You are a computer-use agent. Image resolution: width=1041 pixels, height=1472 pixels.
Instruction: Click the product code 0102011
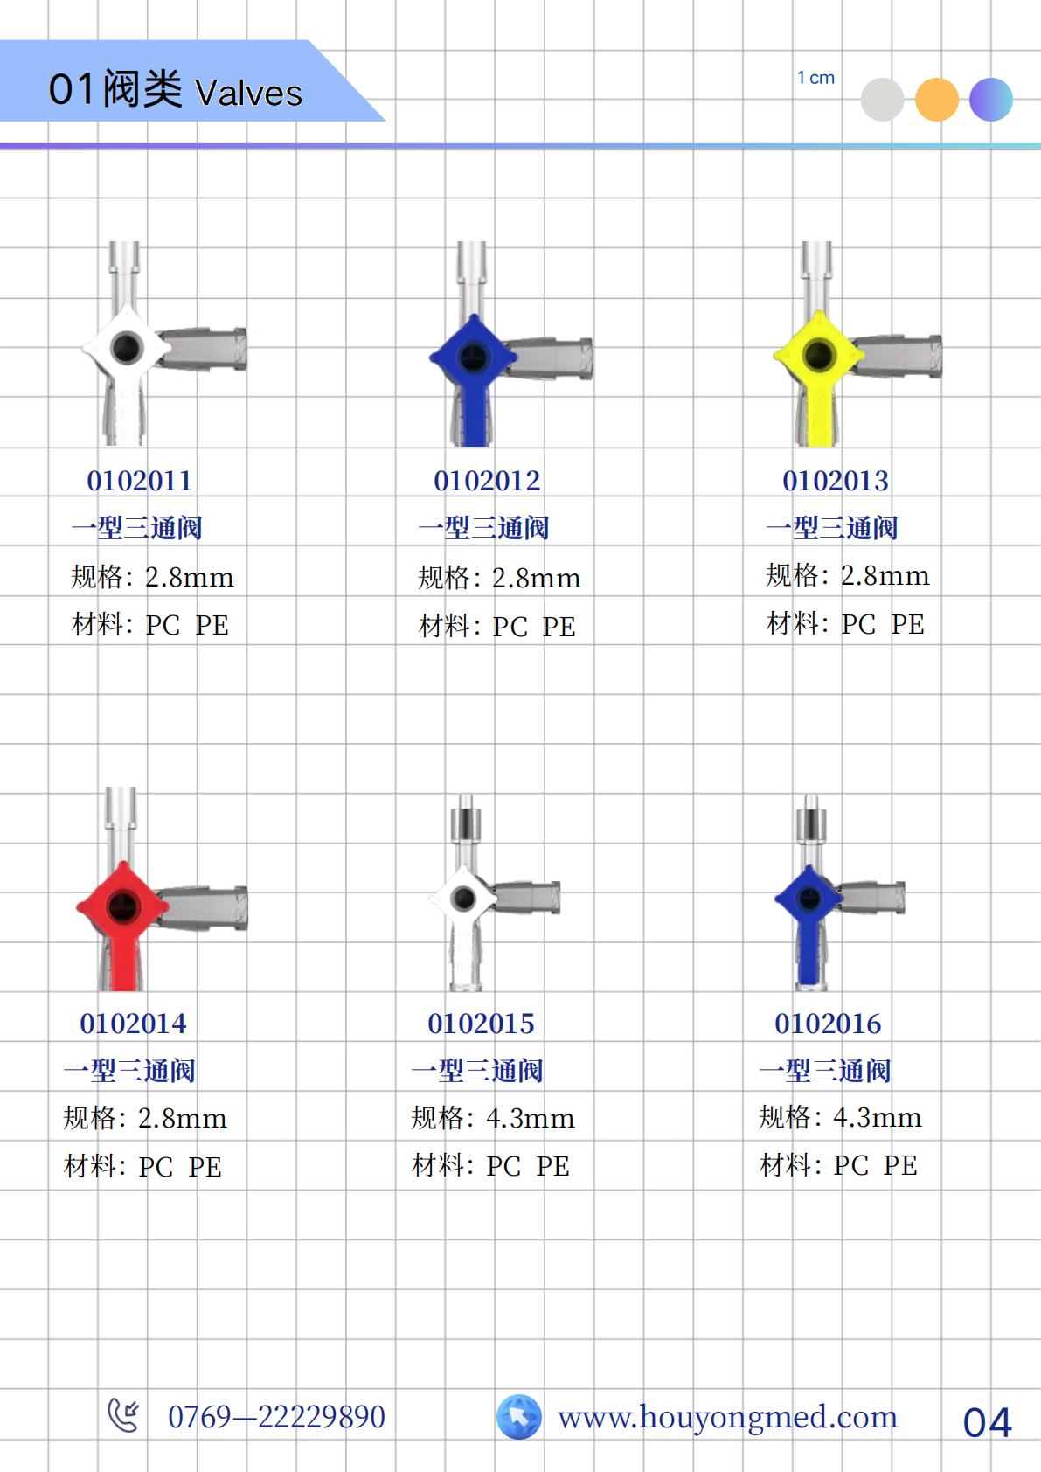[x=139, y=481]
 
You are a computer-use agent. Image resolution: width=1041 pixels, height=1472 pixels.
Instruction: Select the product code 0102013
[x=836, y=481]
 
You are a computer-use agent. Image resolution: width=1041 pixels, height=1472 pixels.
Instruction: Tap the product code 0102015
[x=481, y=1024]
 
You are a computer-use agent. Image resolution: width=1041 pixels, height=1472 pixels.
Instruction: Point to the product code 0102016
[x=828, y=1024]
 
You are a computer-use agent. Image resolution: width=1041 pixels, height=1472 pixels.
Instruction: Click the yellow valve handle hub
[x=817, y=355]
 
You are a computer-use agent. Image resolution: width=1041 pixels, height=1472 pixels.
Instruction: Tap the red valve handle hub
[x=122, y=906]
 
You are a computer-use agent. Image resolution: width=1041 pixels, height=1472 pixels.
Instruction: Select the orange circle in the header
[x=936, y=100]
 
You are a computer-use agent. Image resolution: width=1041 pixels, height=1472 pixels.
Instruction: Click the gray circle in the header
[x=882, y=100]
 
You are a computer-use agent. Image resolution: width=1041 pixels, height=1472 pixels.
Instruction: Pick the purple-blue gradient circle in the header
[x=991, y=100]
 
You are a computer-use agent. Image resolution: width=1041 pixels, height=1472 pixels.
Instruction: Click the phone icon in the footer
[x=123, y=1415]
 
